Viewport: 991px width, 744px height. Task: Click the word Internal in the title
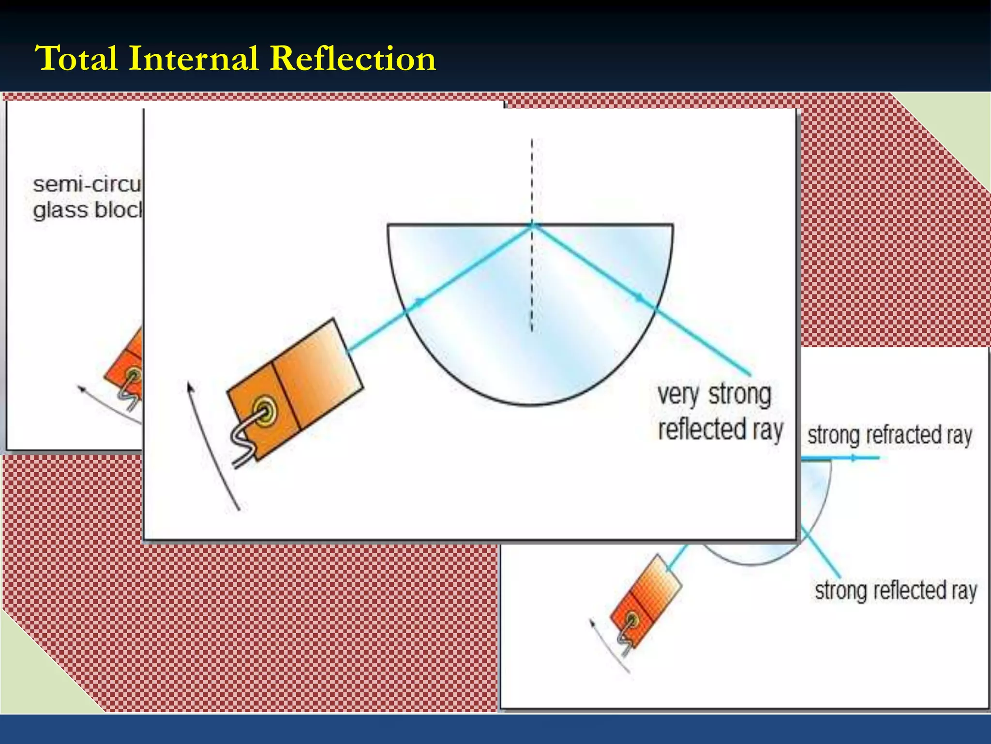tap(193, 59)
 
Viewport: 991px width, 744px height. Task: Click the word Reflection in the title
tap(352, 59)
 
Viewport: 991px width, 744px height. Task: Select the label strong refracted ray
tap(889, 434)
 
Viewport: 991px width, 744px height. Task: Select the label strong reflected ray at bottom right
tap(896, 590)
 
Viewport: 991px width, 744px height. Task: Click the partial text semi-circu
tap(86, 185)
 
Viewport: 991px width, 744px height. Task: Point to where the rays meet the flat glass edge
tap(532, 225)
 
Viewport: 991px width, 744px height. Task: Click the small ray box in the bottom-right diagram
tap(646, 601)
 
